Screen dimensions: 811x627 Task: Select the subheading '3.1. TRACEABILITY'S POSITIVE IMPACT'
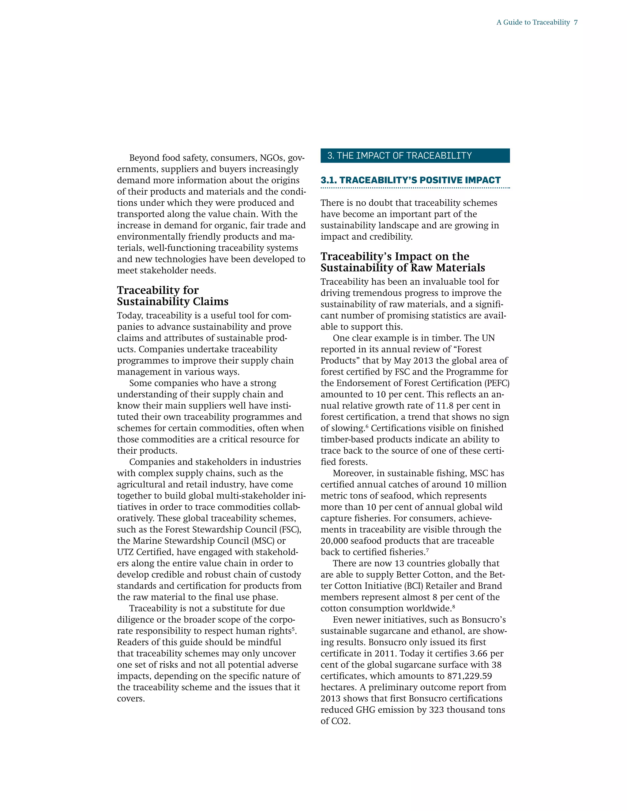click(411, 181)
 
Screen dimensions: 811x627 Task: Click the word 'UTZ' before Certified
click(125, 552)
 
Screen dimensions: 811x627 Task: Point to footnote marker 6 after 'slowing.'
click(367, 426)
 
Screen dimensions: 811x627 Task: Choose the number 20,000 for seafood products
click(334, 541)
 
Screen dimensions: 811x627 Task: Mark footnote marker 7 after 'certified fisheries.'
click(427, 550)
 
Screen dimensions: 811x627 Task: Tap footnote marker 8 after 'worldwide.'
click(453, 606)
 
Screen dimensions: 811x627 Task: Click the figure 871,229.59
click(470, 676)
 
